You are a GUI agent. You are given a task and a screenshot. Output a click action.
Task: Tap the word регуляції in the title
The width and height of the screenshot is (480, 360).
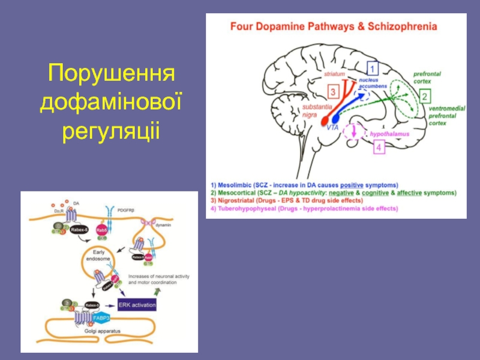pos(111,129)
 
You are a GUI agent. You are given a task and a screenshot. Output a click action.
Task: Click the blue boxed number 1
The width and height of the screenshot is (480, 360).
pos(373,68)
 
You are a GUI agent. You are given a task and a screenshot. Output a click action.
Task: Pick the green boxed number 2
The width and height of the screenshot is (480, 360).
pos(424,96)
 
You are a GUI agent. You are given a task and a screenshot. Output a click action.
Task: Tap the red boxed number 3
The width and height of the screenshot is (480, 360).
pos(334,92)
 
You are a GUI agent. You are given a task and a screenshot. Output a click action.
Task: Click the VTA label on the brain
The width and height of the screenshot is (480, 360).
pos(334,128)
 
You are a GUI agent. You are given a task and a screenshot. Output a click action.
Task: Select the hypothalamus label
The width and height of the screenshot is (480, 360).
pos(389,134)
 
